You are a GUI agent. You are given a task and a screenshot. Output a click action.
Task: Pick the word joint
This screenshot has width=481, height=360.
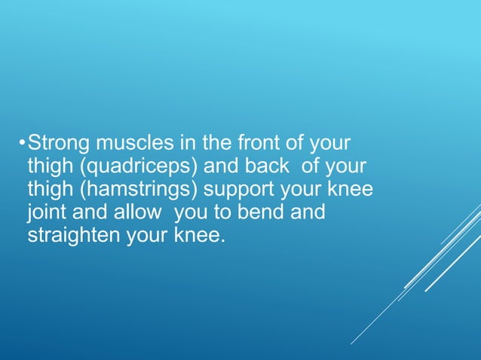[47, 212]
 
